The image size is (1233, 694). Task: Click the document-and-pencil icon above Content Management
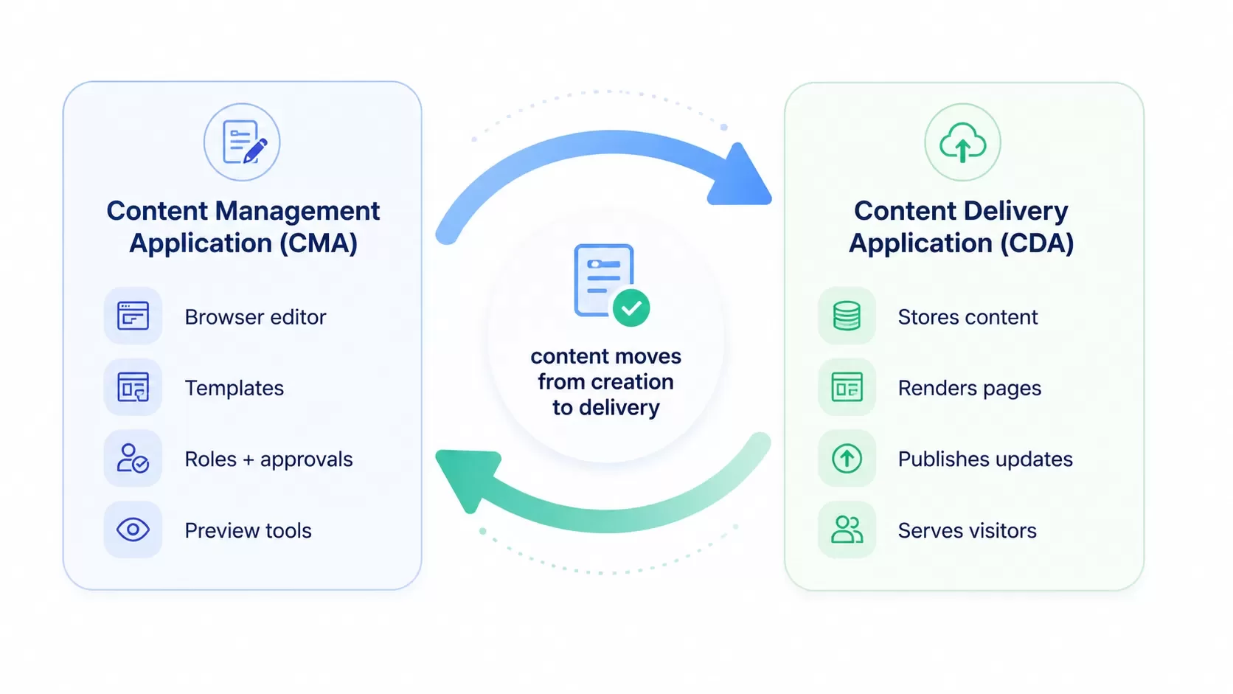(244, 142)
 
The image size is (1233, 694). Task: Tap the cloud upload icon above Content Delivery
(962, 142)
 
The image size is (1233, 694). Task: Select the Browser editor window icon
(133, 316)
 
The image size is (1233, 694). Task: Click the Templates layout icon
(133, 387)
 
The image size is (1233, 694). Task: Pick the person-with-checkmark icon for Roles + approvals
(133, 458)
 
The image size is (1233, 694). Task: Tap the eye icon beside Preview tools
(133, 530)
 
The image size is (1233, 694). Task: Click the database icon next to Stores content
(847, 316)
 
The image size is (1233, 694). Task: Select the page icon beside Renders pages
(847, 387)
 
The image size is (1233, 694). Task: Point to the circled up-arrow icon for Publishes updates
(847, 458)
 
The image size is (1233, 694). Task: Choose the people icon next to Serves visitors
(847, 530)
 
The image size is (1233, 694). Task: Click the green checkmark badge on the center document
(631, 308)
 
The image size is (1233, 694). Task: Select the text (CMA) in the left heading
(319, 243)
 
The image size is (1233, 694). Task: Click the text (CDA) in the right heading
(1037, 243)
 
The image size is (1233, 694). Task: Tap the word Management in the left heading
(297, 212)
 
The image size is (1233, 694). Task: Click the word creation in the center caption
(633, 381)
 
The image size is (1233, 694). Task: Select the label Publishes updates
(985, 459)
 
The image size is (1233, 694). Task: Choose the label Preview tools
(249, 530)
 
